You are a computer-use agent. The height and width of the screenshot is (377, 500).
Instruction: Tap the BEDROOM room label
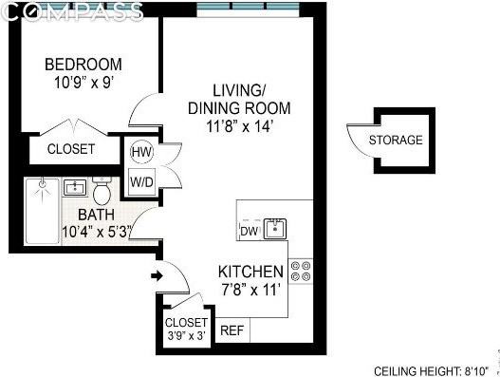tap(83, 65)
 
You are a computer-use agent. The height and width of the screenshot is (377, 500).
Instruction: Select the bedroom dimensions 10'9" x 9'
tap(83, 83)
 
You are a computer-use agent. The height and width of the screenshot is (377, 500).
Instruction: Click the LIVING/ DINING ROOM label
tap(238, 99)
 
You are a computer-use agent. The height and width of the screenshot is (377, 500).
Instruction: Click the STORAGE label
tap(396, 141)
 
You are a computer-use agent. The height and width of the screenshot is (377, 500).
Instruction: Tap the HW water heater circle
tap(141, 152)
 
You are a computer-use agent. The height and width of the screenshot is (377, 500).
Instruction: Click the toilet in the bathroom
tap(102, 189)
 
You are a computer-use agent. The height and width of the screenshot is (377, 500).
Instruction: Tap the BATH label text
tap(96, 215)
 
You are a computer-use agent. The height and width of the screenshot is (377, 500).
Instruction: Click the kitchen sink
tap(275, 227)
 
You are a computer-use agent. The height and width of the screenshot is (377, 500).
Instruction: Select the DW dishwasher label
tap(248, 231)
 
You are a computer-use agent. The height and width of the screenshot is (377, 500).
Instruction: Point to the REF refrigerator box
tap(231, 331)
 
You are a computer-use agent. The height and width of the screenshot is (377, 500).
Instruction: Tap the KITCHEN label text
tap(250, 271)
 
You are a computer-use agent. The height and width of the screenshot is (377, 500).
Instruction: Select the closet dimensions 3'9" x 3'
tap(186, 335)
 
